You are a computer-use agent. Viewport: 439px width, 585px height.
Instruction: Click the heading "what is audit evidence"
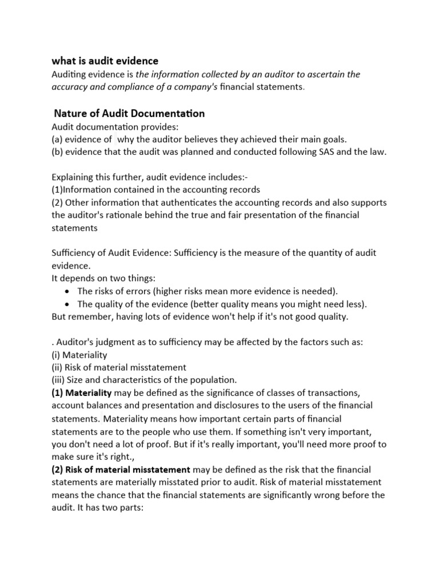click(x=105, y=61)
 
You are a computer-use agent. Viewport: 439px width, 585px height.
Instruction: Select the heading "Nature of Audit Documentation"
click(x=129, y=114)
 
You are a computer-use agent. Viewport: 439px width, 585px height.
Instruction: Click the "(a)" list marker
click(x=58, y=139)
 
